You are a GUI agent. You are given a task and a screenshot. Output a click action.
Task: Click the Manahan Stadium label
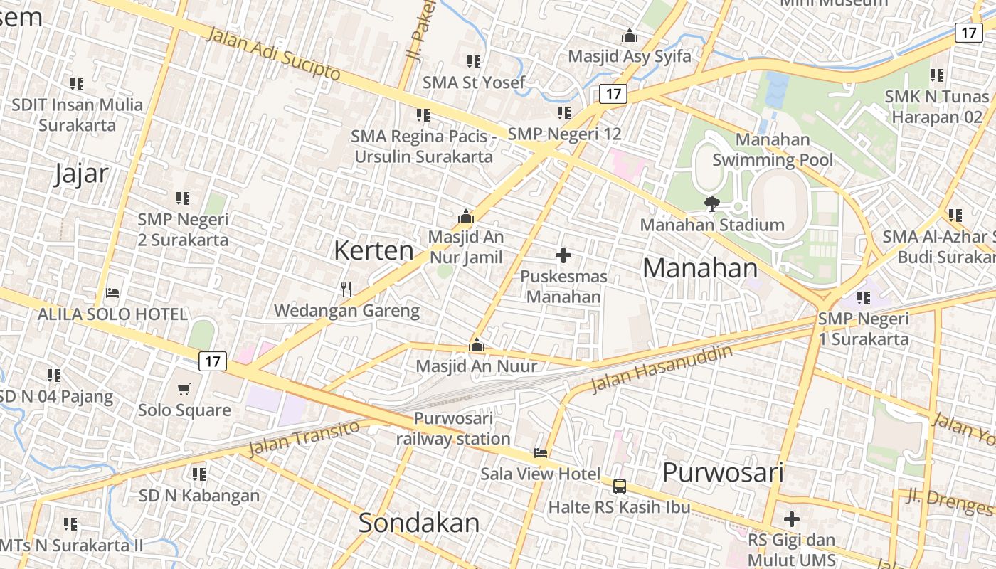(712, 225)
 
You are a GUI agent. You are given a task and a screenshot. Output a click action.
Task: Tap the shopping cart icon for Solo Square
(184, 389)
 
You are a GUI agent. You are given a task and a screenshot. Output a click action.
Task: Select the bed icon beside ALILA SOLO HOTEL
(112, 292)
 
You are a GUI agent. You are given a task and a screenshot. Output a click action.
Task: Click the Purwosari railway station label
(453, 428)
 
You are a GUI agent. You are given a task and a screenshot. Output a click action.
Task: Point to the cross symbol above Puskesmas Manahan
(563, 255)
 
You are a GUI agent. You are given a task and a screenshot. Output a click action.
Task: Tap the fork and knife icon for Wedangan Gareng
(346, 289)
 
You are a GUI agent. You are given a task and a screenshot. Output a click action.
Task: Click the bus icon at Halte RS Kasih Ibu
(620, 486)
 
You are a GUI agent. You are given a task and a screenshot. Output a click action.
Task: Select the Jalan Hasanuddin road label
(662, 369)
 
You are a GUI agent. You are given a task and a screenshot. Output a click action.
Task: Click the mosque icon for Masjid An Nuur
(477, 346)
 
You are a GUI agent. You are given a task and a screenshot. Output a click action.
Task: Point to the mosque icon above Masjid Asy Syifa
(630, 36)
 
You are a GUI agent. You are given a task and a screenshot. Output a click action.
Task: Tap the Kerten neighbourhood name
(373, 250)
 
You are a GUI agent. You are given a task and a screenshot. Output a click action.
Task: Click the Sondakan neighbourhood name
(419, 523)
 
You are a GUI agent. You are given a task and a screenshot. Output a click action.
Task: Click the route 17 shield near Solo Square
(212, 361)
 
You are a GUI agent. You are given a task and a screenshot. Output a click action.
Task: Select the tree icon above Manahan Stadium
(711, 204)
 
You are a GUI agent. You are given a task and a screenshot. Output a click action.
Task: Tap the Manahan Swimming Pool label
(773, 149)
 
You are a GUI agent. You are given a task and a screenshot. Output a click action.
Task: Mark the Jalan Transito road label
(304, 439)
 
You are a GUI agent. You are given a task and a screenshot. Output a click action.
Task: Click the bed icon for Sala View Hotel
(541, 452)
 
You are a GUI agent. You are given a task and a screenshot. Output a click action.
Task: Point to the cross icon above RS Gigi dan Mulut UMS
(791, 519)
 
